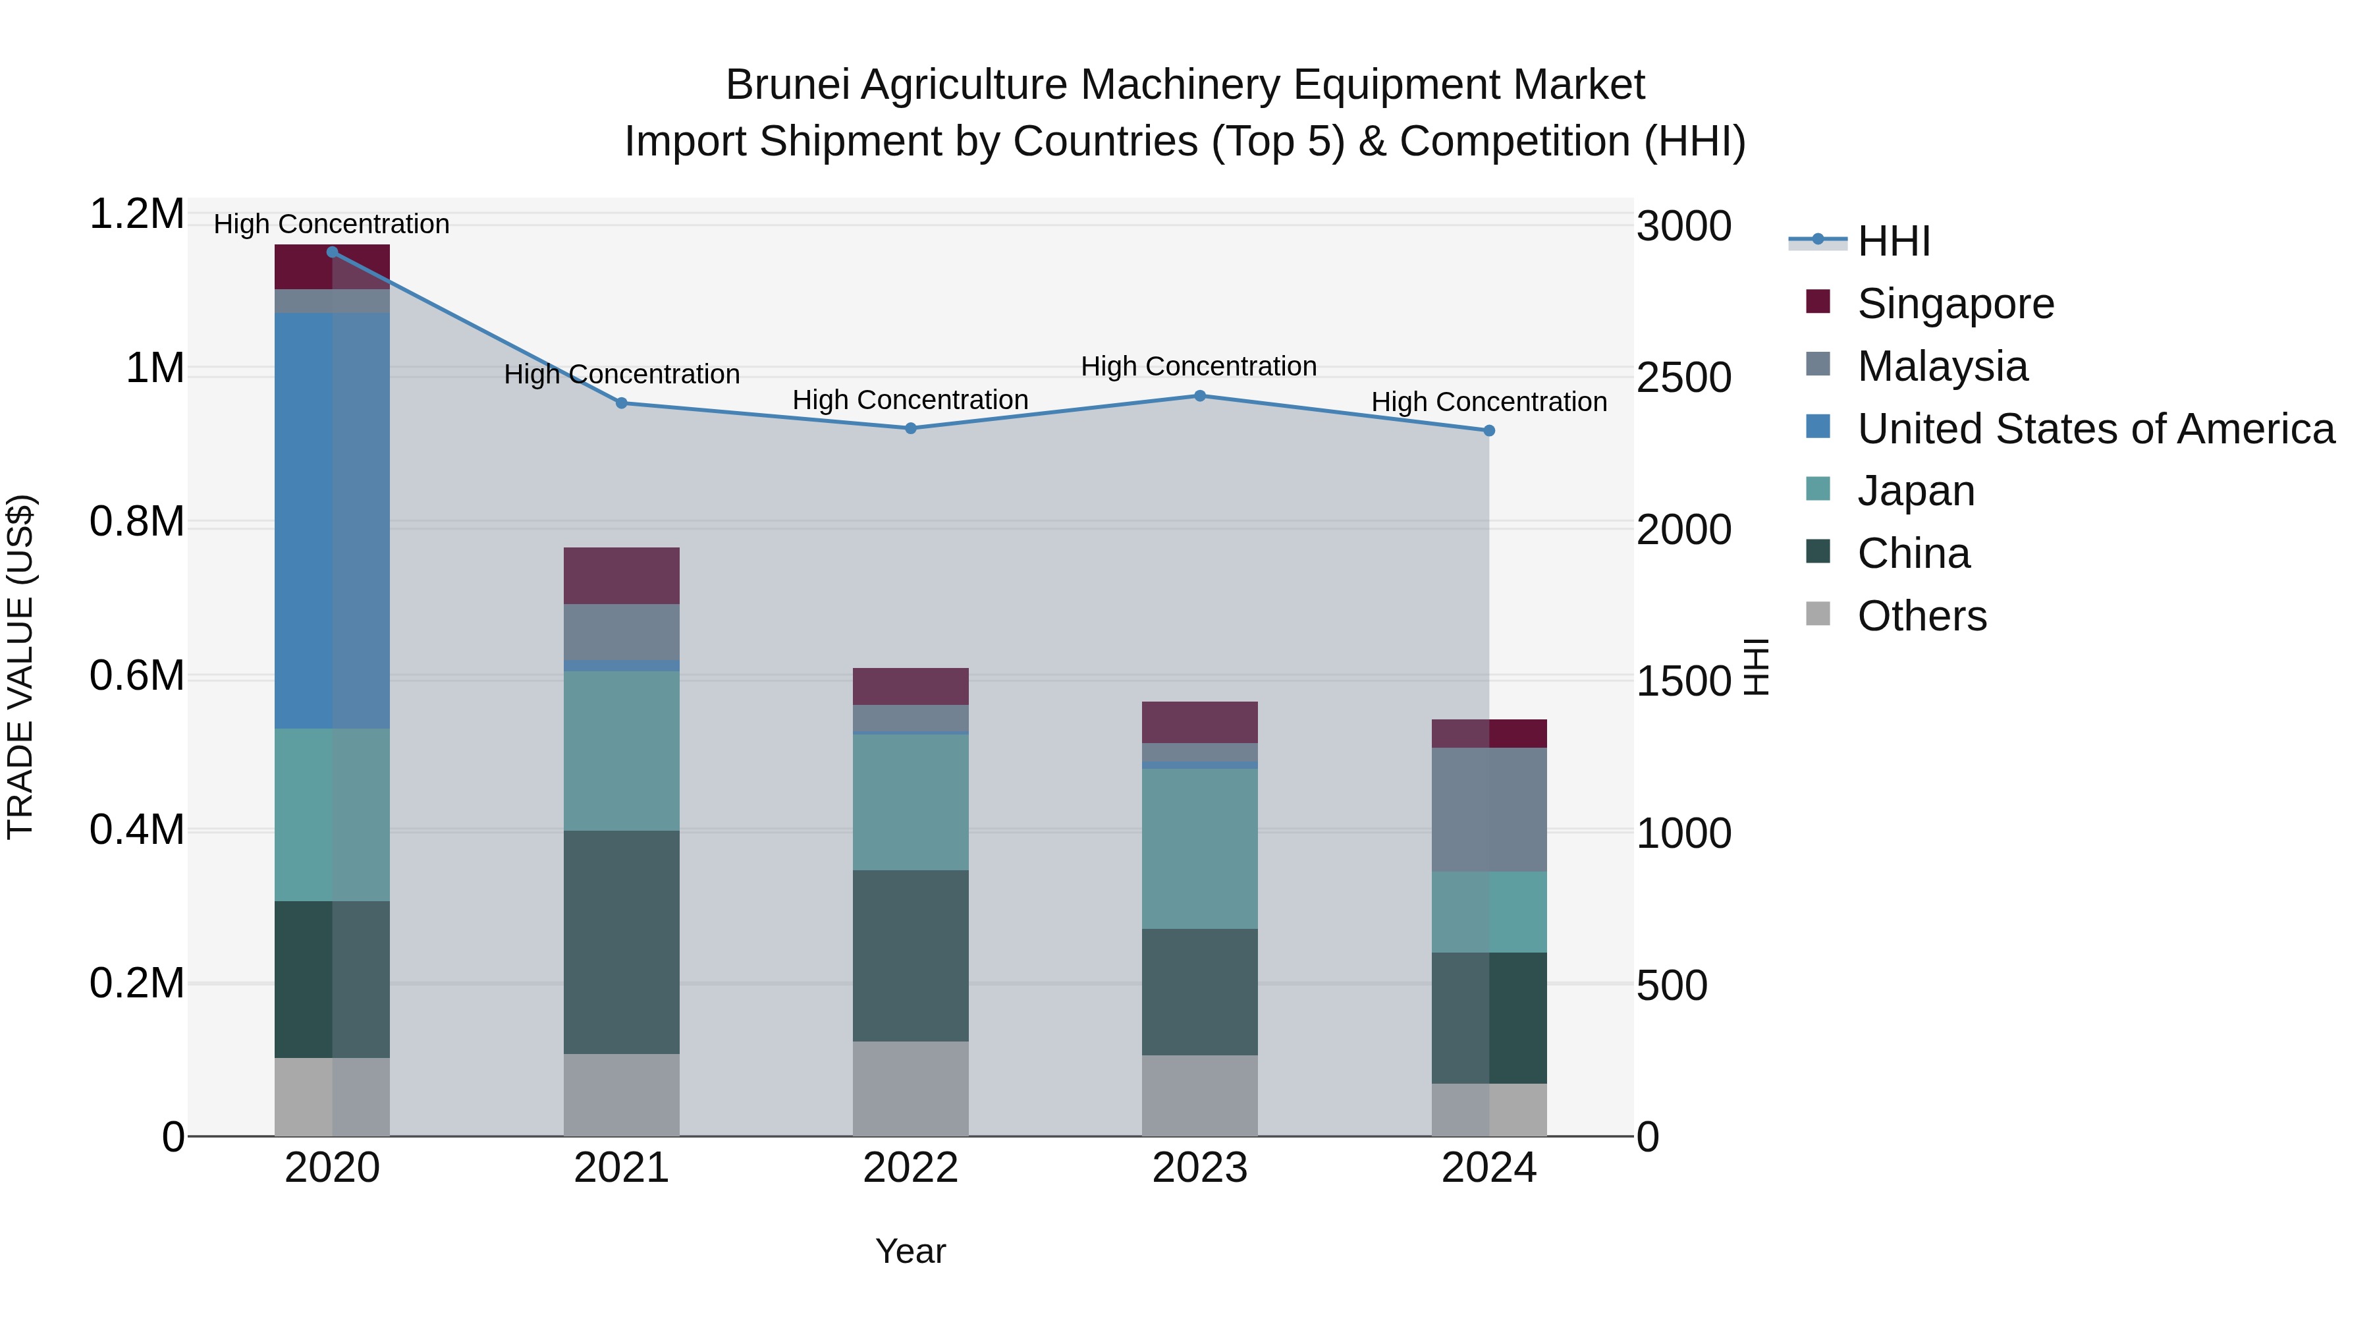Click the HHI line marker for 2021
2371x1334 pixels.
coord(621,403)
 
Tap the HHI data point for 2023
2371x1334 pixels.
coord(1199,396)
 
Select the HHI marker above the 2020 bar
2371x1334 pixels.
coord(333,252)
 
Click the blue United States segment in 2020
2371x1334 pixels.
coord(333,520)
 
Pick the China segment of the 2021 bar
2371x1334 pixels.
coord(621,942)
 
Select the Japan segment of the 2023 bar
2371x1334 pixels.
coord(1199,848)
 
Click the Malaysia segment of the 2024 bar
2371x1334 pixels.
coord(1488,809)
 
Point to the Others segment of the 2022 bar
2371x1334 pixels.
coord(910,1088)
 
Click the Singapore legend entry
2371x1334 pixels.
coord(1955,304)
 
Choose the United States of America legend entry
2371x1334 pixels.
coord(2096,429)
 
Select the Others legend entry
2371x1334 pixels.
coord(1922,616)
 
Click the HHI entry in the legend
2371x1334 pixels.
coord(1894,241)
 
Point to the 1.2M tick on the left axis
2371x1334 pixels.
coord(137,215)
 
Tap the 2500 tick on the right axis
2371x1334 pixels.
coord(1683,377)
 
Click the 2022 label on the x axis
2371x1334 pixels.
coord(910,1168)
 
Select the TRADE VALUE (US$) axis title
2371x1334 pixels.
coord(21,667)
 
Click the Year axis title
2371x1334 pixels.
coord(910,1251)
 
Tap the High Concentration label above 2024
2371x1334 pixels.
coord(1488,403)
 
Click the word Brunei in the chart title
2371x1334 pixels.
coord(787,85)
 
